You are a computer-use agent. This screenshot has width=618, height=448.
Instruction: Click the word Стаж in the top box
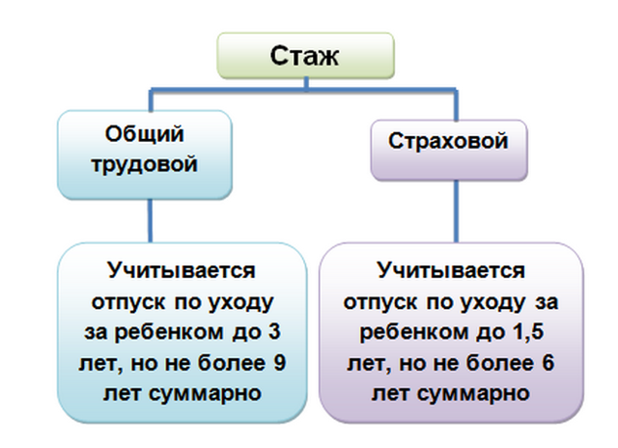(304, 56)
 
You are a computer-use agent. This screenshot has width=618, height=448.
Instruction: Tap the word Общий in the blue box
(144, 134)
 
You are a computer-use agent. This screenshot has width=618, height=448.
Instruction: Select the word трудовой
(144, 163)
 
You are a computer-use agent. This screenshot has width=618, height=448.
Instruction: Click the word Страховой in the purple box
(448, 141)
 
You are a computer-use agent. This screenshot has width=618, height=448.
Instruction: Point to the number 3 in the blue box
(274, 331)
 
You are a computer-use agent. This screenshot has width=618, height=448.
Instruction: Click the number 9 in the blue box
(279, 362)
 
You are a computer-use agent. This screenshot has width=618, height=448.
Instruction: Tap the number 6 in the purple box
(548, 362)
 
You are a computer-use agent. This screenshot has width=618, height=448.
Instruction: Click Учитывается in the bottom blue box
(182, 271)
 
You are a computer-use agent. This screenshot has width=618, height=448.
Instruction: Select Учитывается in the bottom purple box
(451, 271)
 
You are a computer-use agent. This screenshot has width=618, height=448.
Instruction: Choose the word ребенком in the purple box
(413, 332)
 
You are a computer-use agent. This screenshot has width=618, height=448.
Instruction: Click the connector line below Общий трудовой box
(151, 221)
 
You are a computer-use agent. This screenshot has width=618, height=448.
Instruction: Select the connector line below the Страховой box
(456, 211)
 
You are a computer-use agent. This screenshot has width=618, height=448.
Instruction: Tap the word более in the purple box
(500, 362)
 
